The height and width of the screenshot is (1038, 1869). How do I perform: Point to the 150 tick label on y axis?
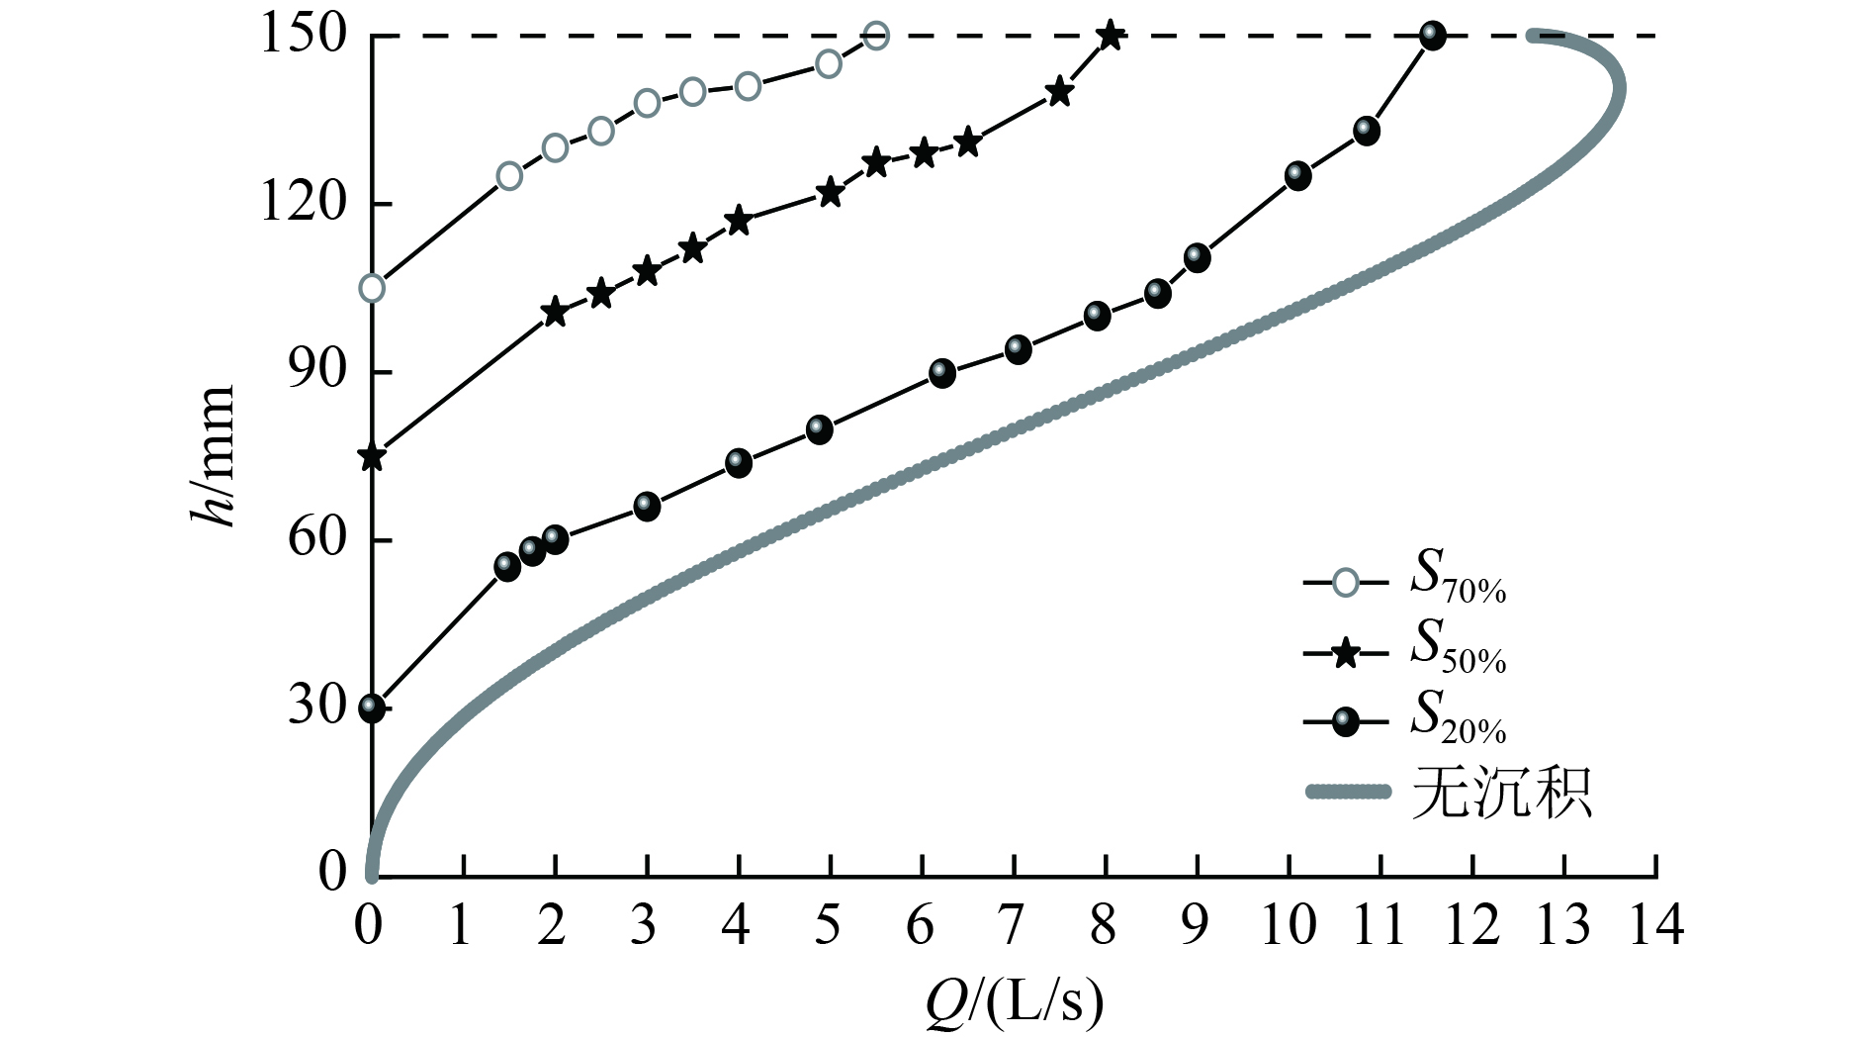tap(303, 36)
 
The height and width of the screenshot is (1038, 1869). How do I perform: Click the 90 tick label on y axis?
tap(317, 371)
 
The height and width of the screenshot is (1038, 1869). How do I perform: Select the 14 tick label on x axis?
tap(1655, 925)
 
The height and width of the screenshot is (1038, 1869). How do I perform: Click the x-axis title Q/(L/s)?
tap(1014, 1001)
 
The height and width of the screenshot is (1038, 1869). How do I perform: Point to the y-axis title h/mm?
tap(213, 455)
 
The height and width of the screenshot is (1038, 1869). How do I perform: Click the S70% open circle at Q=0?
tap(372, 288)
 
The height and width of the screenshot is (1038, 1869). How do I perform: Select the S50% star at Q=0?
tap(372, 457)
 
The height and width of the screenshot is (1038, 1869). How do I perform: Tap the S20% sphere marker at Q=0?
tap(372, 708)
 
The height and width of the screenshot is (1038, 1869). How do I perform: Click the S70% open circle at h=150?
tap(875, 36)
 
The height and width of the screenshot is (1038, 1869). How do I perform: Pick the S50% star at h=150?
tap(1111, 36)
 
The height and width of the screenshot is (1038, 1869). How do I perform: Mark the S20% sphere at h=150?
tap(1432, 36)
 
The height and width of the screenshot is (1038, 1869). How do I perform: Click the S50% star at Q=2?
tap(555, 313)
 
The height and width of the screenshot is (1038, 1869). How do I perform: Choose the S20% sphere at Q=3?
tap(647, 507)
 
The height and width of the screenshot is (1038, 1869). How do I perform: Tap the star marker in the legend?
tap(1345, 653)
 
